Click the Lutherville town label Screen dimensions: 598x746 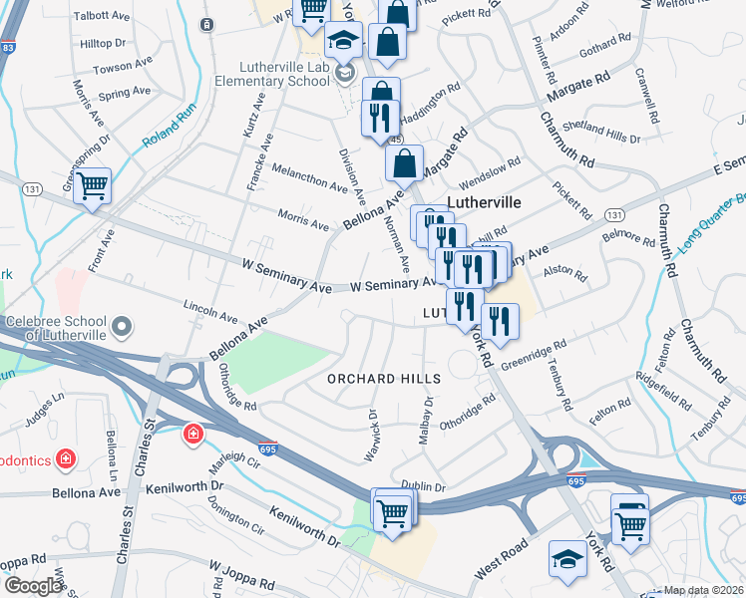click(x=484, y=201)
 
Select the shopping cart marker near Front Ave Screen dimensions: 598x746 click(x=92, y=186)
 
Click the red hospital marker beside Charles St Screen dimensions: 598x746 click(x=191, y=435)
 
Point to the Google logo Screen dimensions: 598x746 click(x=33, y=586)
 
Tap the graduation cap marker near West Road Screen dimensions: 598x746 click(x=567, y=558)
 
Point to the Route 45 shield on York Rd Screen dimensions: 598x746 click(x=396, y=141)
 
